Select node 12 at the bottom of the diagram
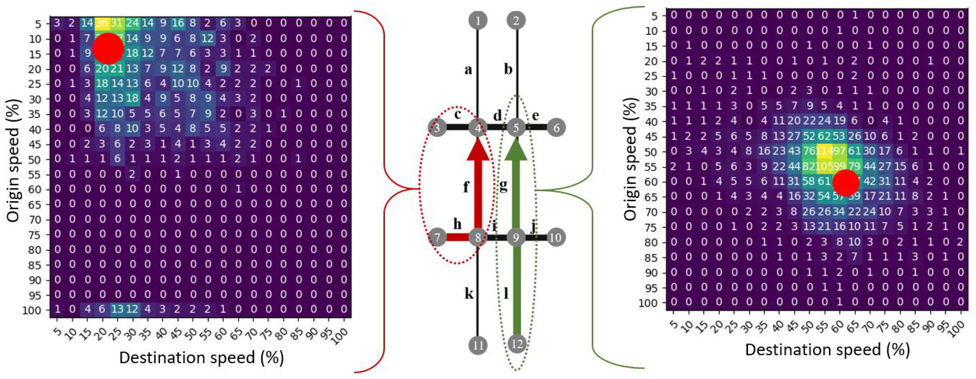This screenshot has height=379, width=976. [x=516, y=344]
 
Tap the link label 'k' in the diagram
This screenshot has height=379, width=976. [x=469, y=293]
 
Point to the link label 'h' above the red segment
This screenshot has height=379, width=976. [x=457, y=224]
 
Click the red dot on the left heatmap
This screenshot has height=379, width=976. [x=108, y=49]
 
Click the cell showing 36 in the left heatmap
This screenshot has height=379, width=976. [x=102, y=23]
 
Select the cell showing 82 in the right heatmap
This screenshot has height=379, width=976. [x=808, y=167]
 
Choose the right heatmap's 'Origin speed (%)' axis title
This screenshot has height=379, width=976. [x=630, y=159]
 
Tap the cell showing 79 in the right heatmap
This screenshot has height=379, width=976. [x=854, y=167]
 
